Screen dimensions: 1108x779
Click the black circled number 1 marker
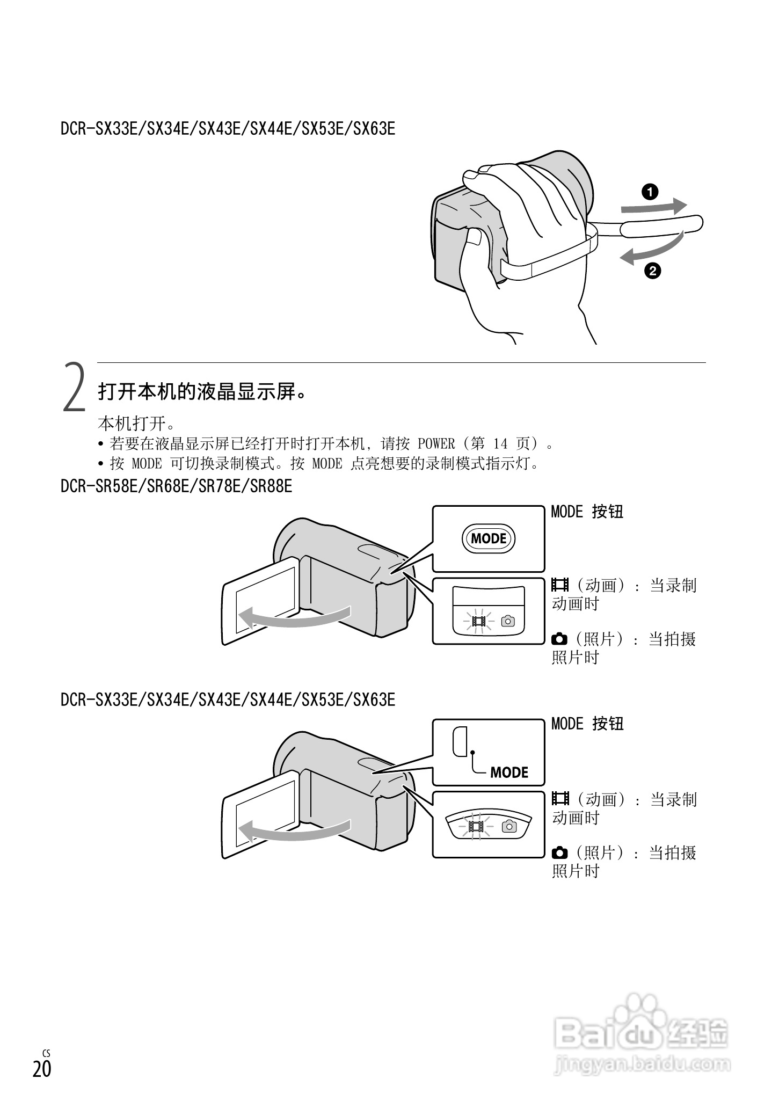tap(650, 192)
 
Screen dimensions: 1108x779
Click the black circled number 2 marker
tap(653, 270)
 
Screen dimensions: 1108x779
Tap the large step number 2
tap(75, 388)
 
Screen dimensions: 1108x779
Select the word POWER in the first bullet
tap(436, 444)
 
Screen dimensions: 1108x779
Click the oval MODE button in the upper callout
tap(489, 538)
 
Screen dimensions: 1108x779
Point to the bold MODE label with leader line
tap(509, 772)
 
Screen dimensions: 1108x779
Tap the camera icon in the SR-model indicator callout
tap(507, 621)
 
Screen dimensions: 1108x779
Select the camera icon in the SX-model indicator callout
tap(509, 826)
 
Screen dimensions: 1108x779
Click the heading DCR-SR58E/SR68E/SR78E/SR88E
tap(177, 486)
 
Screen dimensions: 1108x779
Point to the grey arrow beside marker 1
tap(654, 206)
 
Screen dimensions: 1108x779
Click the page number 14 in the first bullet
tap(500, 444)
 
